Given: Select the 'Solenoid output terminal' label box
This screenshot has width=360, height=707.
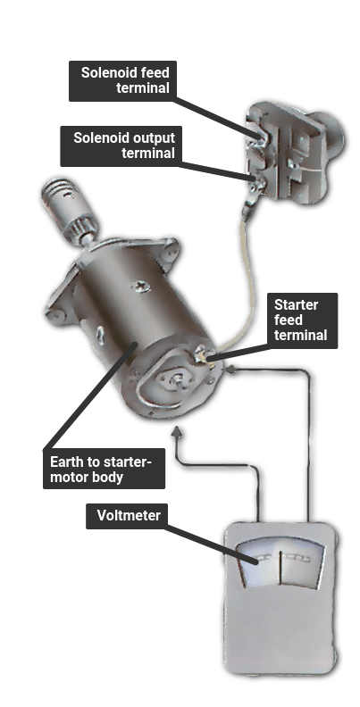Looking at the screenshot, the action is click(x=121, y=146).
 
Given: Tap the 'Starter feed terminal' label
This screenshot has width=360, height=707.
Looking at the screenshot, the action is click(x=301, y=320).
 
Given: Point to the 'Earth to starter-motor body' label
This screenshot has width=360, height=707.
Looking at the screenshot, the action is click(x=104, y=469).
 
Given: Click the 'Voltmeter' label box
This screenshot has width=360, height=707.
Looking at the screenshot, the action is click(x=126, y=516).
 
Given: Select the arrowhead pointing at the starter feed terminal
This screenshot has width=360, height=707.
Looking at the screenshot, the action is click(x=230, y=370).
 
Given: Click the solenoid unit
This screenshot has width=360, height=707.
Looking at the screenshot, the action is click(x=293, y=153).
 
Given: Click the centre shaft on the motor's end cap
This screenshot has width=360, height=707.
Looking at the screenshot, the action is click(x=179, y=381).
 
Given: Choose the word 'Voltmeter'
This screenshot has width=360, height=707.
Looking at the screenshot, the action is click(x=129, y=515).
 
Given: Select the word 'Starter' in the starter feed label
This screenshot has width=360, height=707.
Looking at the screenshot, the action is click(x=296, y=305).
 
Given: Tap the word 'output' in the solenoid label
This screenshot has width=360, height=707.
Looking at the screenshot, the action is click(x=153, y=137).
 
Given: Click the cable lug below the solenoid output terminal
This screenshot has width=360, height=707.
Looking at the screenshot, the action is click(x=249, y=204).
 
